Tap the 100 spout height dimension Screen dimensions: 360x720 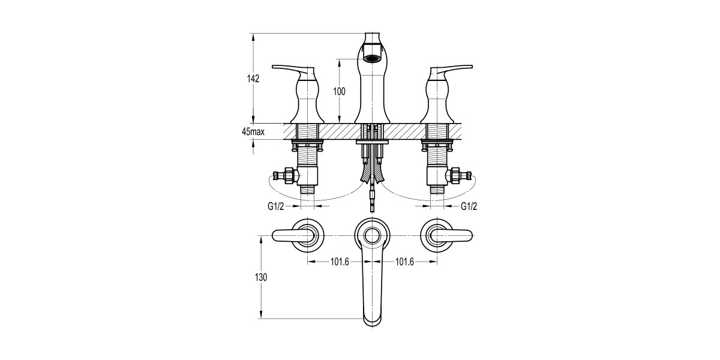[x=339, y=91]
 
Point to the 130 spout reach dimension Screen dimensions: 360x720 [x=260, y=277]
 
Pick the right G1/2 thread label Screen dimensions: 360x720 [x=469, y=206]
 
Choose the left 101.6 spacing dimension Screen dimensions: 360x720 [x=340, y=262]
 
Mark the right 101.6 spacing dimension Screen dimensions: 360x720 [x=404, y=262]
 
